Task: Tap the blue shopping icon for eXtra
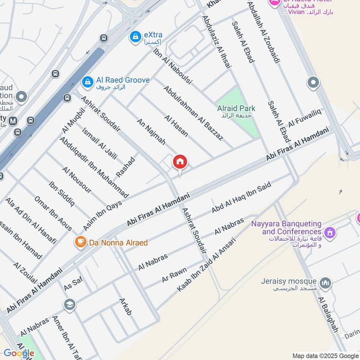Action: [x=134, y=36]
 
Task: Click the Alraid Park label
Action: [x=236, y=108]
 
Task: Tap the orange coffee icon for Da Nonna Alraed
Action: [x=80, y=242]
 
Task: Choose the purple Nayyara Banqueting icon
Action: [x=330, y=233]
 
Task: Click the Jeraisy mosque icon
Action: [x=326, y=283]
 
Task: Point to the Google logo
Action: [x=19, y=353]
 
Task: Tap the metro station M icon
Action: [x=13, y=121]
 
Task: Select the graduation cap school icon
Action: [x=69, y=305]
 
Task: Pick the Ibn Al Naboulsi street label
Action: [x=173, y=67]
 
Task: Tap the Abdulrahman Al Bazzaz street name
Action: [x=193, y=113]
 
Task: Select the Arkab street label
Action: [x=126, y=306]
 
